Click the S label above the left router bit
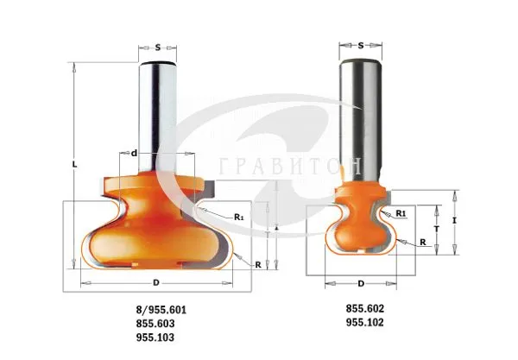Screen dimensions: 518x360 point(158,47)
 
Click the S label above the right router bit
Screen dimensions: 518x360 point(361,45)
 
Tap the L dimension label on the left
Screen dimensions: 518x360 point(74,164)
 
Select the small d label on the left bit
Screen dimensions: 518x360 point(134,154)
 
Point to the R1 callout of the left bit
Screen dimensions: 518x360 point(239,217)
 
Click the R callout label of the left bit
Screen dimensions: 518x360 point(258,265)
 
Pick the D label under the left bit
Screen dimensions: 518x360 point(156,282)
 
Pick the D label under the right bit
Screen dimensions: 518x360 point(361,283)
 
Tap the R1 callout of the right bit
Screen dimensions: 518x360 point(401,213)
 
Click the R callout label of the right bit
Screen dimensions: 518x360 point(423,242)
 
